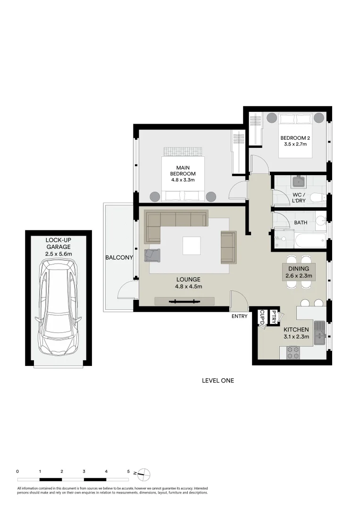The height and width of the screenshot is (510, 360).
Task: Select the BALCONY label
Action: coord(119,258)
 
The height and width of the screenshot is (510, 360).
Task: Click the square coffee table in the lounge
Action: coord(191,246)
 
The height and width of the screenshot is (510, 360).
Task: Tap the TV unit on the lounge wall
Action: coord(184,301)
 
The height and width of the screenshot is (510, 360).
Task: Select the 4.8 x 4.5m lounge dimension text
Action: coord(189,286)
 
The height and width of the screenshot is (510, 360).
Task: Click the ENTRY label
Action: coord(239,316)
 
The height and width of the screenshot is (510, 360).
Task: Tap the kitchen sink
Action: coord(320,331)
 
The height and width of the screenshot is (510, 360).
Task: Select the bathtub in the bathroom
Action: coord(310,240)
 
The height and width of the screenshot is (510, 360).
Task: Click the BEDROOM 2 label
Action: coord(295,138)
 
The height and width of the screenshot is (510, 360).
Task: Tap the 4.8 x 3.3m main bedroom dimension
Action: coord(183,180)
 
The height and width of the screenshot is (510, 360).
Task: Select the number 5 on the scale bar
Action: coord(128,471)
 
